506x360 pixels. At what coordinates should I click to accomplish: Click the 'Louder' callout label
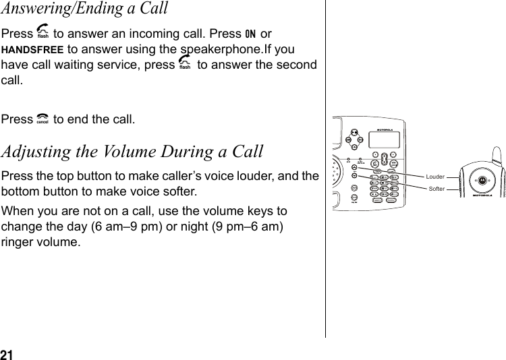tap(435, 177)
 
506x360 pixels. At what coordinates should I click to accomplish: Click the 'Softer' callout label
tap(437, 189)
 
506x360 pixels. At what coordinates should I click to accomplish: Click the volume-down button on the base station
tap(355, 177)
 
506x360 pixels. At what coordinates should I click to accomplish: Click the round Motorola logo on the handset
tap(482, 183)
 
